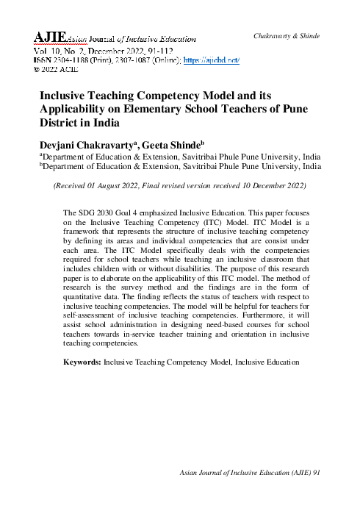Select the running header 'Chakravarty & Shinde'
(286, 36)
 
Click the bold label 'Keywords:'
(83, 362)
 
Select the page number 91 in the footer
(317, 493)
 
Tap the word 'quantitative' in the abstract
(93, 295)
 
